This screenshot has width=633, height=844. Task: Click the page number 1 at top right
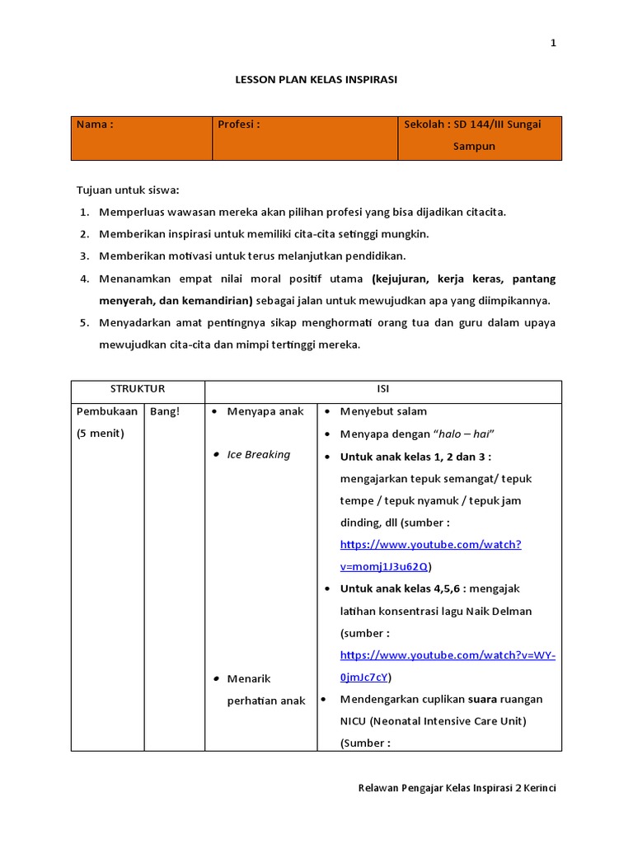[x=553, y=44]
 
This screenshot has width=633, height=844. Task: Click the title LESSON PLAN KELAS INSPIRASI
[x=316, y=80]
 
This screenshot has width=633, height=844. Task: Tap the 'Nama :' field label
[x=95, y=124]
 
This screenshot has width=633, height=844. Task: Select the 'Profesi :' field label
[x=239, y=124]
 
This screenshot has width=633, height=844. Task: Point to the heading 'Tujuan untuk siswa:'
[x=128, y=190]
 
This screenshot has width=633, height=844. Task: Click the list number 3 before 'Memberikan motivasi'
[x=84, y=256]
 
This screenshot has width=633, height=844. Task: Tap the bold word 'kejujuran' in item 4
[x=398, y=278]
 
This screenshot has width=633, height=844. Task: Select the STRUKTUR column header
[x=138, y=388]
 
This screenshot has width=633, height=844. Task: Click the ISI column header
[x=383, y=388]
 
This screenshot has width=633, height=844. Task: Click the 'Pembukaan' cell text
[x=107, y=411]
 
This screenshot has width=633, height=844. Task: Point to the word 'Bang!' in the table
[x=165, y=411]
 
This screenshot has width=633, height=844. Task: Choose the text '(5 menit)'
[x=101, y=434]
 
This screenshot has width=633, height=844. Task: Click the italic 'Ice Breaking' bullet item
[x=259, y=454]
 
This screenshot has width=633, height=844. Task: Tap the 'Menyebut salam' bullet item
[x=383, y=411]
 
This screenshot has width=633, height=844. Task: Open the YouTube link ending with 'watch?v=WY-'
[x=448, y=655]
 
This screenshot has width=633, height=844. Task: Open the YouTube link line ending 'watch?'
[x=430, y=544]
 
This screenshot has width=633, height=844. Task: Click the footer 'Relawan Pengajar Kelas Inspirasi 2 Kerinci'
[x=457, y=788]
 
